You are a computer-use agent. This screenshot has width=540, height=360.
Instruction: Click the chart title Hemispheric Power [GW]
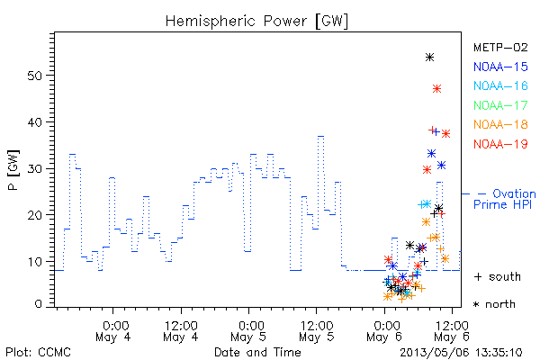coord(256,21)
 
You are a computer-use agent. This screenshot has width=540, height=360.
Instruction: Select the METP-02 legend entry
coord(500,47)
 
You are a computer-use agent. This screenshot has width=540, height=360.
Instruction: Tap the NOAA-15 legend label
coord(500,67)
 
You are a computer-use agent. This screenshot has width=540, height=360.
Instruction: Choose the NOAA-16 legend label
coord(500,85)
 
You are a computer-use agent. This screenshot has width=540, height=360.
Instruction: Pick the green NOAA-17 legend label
coord(500,105)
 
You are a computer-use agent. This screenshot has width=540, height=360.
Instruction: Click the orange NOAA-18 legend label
coord(500,124)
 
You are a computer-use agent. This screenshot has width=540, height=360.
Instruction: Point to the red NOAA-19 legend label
coord(500,144)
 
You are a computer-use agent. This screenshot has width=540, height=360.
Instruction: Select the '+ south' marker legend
coord(498,276)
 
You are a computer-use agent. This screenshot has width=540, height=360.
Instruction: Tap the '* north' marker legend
coord(494,304)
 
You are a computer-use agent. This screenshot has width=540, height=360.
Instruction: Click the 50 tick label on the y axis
coord(35,76)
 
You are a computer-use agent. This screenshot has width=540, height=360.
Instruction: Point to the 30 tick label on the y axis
coord(35,168)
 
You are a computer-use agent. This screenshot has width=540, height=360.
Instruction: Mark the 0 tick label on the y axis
coord(39,304)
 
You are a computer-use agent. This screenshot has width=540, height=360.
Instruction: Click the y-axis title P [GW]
coord(13,169)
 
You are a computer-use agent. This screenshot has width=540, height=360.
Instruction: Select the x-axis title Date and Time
coord(257,352)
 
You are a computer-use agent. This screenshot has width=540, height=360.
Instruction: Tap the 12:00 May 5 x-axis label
coord(317,331)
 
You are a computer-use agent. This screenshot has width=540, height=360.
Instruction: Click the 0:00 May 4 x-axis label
coord(113,331)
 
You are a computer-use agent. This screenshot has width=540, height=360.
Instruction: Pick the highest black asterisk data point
coord(429,58)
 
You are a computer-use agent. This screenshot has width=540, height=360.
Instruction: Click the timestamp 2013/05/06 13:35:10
coord(461,353)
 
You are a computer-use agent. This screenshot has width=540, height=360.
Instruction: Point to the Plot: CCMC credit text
coord(38,353)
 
